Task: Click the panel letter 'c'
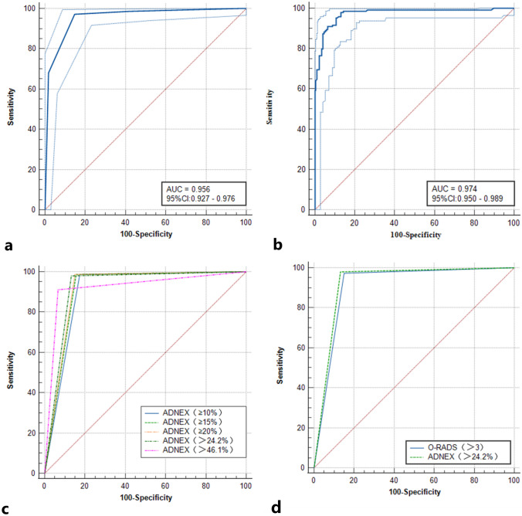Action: (9, 506)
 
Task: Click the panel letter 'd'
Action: (274, 506)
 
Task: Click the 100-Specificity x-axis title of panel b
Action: (414, 233)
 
